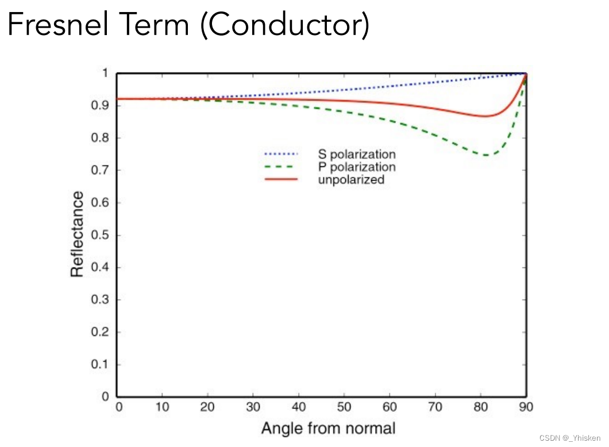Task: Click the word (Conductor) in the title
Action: click(284, 26)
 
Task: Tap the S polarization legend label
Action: click(357, 154)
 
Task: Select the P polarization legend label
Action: click(357, 167)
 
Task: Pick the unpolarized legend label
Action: click(350, 179)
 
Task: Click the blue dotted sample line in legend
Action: click(281, 154)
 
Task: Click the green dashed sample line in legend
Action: click(281, 167)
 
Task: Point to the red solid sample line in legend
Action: click(281, 179)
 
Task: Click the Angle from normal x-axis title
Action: click(328, 428)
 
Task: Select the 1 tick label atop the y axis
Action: click(105, 73)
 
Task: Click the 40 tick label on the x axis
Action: click(299, 408)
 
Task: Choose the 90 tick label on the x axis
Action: click(526, 408)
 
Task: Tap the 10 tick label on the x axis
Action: click(163, 408)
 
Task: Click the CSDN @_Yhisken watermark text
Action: click(570, 438)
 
